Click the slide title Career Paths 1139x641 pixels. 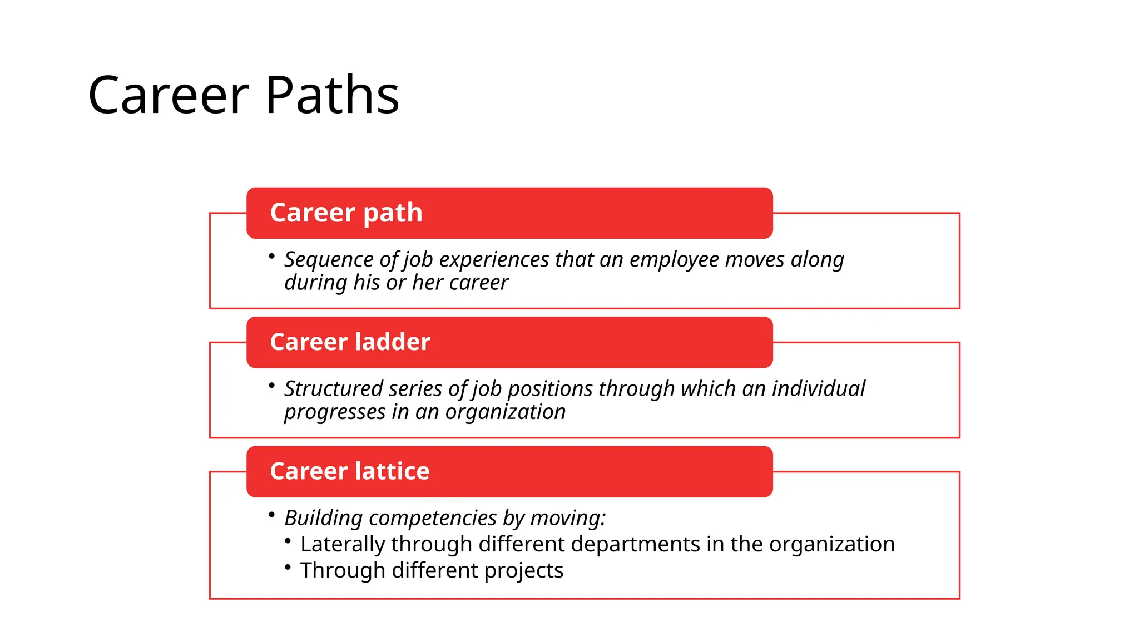244,95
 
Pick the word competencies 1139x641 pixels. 433,518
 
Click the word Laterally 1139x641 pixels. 343,544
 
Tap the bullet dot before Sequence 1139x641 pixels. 271,256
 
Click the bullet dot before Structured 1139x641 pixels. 271,385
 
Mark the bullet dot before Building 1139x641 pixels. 271,515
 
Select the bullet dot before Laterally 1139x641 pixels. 288,541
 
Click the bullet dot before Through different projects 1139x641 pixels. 288,567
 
